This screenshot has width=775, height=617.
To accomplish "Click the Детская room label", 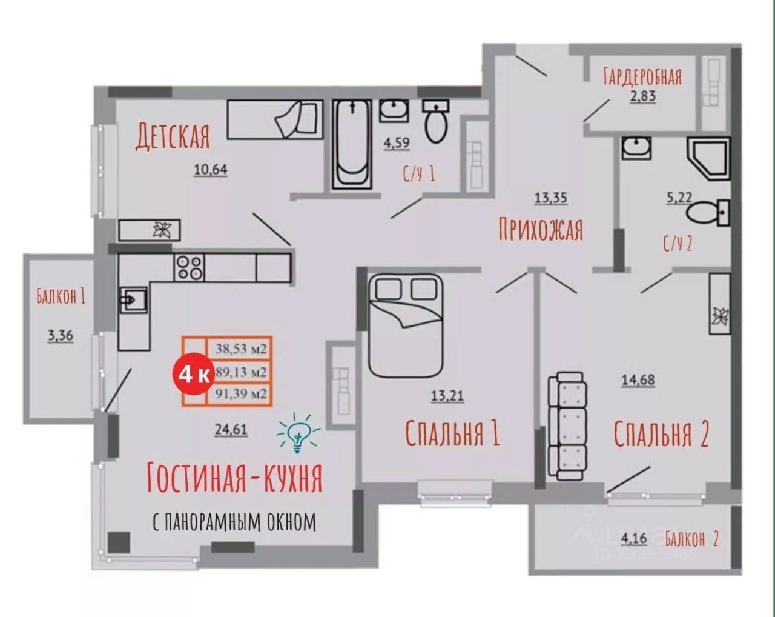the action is click(x=173, y=136).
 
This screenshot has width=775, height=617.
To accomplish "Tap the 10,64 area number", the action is click(x=211, y=170).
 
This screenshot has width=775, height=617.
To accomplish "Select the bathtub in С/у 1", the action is click(x=352, y=144).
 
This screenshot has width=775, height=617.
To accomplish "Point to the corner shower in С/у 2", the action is click(x=709, y=158).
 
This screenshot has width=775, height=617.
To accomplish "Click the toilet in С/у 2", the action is click(x=708, y=212).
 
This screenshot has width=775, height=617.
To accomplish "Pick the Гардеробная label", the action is click(x=642, y=76).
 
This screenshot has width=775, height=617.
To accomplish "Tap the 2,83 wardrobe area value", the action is click(x=643, y=96).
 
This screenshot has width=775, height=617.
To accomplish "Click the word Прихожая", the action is click(x=541, y=230).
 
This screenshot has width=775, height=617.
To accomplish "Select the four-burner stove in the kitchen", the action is click(x=189, y=267).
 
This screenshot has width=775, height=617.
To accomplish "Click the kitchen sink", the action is click(x=133, y=299).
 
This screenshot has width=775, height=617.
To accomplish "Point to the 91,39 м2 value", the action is click(x=241, y=394).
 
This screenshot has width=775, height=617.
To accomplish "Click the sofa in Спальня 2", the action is click(x=567, y=426).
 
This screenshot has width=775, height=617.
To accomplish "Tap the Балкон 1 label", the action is click(x=61, y=296).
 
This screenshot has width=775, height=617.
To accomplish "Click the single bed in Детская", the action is click(x=275, y=119).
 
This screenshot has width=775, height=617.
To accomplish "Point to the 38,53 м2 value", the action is click(x=241, y=349).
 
